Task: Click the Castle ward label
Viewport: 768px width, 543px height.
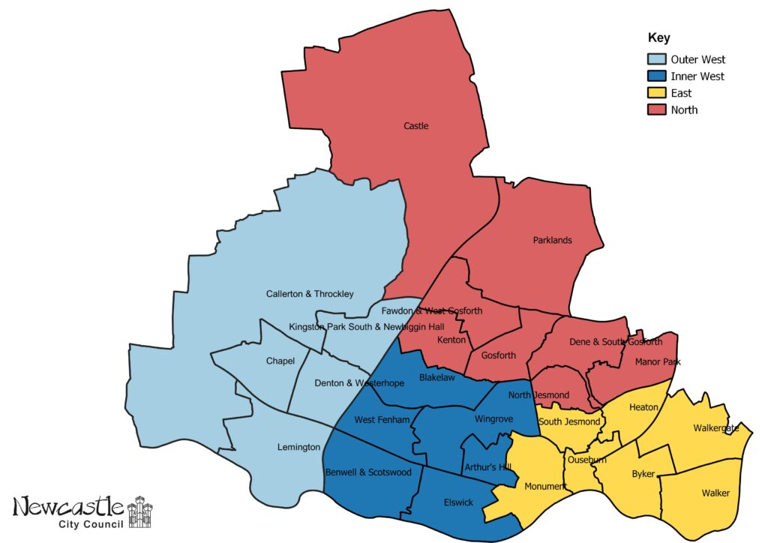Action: pos(415,126)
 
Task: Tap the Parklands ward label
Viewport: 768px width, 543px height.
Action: pos(552,241)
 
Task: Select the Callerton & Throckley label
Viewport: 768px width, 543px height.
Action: pos(310,294)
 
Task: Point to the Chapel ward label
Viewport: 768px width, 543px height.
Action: pos(280,361)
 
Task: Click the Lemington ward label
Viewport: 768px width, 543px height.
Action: pos(298,448)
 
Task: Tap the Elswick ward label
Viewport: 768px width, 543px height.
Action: pos(457,502)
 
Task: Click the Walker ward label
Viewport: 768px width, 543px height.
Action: pos(715,493)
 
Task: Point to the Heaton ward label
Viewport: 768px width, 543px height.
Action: pos(643,407)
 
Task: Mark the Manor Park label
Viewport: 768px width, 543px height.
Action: pos(657,362)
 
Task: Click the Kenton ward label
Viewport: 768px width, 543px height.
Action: pos(451,340)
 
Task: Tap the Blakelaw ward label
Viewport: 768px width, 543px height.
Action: pos(436,378)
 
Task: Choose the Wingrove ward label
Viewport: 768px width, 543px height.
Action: pos(493,419)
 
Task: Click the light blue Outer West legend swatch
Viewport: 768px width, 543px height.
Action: pos(656,59)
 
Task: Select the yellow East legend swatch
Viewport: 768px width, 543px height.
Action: pos(656,93)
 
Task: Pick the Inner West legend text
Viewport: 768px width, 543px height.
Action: pos(697,76)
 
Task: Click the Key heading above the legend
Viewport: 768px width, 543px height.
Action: pos(658,38)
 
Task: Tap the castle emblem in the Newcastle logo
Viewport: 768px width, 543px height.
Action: pos(139,511)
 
